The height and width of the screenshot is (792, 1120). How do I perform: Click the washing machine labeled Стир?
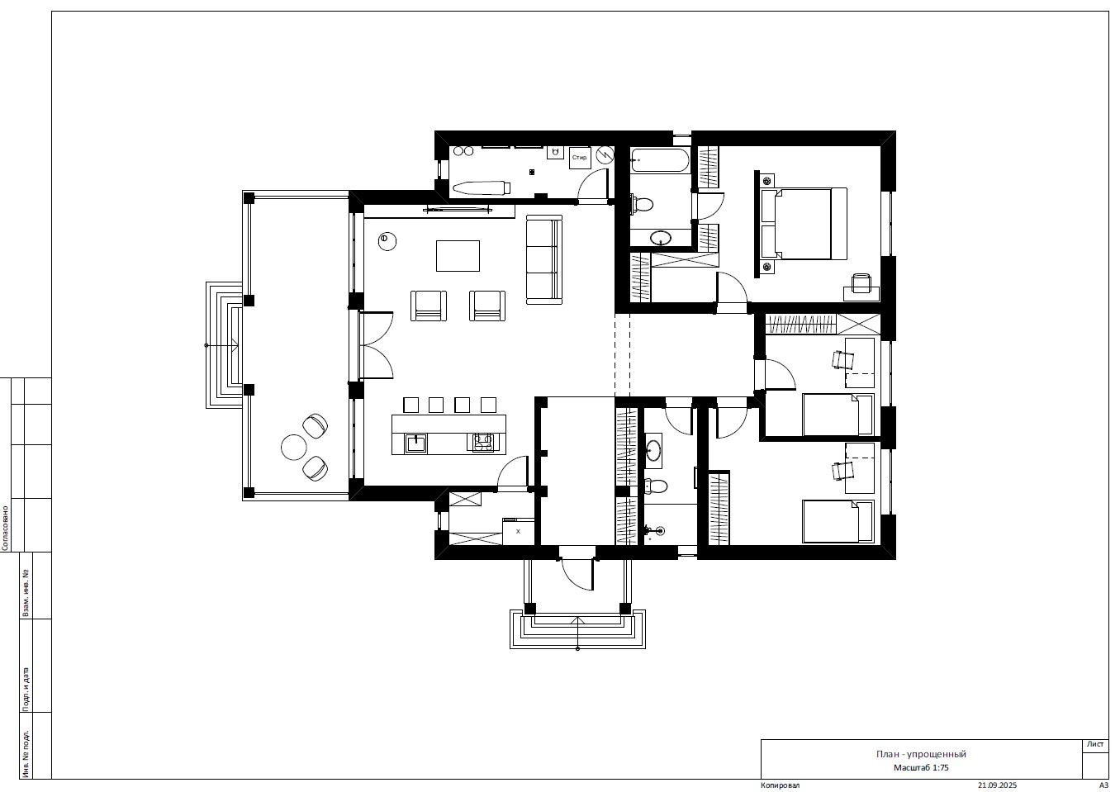[x=580, y=158]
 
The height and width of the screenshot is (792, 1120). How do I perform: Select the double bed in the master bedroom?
[x=804, y=224]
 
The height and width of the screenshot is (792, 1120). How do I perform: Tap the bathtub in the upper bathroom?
[x=659, y=160]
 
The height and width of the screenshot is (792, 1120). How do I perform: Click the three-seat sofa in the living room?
[x=544, y=259]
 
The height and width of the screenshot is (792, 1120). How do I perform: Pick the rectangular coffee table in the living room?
[x=458, y=256]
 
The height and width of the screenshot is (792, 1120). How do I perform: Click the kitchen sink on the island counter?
[x=416, y=443]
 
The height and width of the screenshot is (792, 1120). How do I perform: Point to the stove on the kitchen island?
[x=482, y=442]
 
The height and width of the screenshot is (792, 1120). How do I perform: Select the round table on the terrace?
[x=293, y=447]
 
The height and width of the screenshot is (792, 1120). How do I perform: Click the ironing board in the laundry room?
[x=482, y=188]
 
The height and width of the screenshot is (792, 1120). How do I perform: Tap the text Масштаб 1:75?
[x=921, y=767]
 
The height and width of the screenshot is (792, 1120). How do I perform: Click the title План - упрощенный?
[x=921, y=754]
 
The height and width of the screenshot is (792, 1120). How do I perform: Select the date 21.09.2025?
[x=997, y=785]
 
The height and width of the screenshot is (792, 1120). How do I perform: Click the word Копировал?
[x=780, y=785]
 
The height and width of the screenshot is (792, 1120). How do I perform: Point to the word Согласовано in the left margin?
[x=5, y=529]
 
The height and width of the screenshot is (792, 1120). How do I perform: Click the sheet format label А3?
[x=1103, y=785]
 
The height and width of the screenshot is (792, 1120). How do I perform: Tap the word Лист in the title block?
[x=1095, y=744]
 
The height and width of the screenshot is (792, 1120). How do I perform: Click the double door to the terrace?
[x=376, y=345]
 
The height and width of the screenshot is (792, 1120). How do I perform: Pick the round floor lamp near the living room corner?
[x=387, y=241]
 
